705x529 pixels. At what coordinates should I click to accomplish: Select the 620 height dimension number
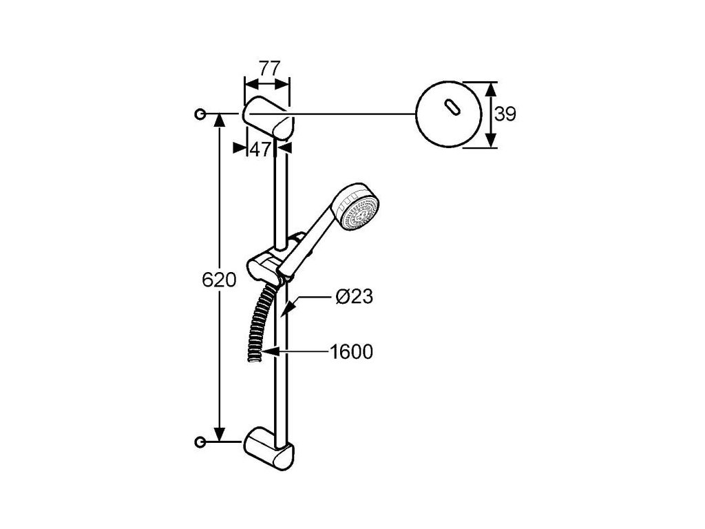click(218, 280)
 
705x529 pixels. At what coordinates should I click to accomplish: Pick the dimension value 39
click(505, 114)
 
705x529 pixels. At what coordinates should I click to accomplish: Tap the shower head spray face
click(361, 208)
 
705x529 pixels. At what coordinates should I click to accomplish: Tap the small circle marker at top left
click(200, 114)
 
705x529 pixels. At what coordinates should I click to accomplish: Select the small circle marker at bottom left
click(200, 441)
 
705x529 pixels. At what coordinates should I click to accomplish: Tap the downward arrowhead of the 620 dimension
click(219, 434)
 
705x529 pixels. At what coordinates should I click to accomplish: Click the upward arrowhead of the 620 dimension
click(219, 121)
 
